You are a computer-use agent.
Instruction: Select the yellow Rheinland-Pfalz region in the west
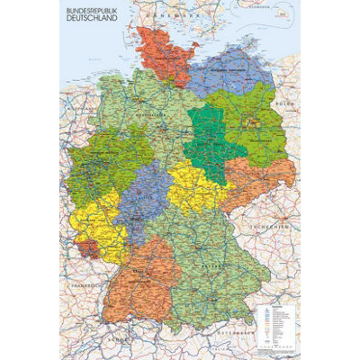point(90,225)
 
